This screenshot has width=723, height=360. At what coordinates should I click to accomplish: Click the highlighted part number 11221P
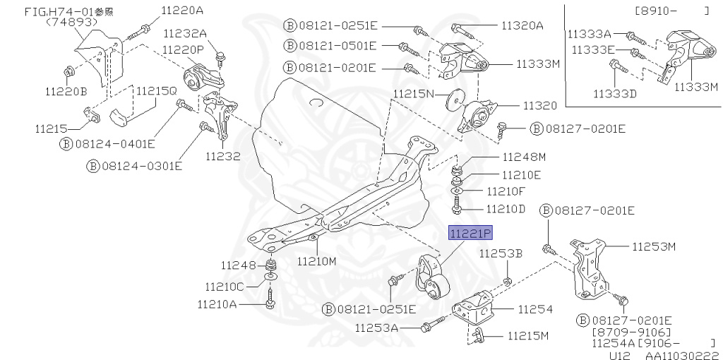(x=471, y=234)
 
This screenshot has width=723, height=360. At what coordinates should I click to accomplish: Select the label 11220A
(x=181, y=11)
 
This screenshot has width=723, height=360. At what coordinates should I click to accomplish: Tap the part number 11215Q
(x=156, y=91)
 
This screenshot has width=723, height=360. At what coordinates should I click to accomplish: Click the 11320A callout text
(x=522, y=26)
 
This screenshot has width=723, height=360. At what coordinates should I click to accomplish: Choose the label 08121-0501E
(x=337, y=46)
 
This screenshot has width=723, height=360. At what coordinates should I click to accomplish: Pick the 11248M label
(x=525, y=157)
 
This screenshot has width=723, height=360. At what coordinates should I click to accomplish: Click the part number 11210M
(x=317, y=261)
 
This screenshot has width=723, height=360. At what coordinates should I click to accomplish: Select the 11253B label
(x=501, y=253)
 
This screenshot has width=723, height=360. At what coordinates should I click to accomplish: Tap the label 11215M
(x=528, y=335)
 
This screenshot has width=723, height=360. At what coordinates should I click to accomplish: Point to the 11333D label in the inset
(x=615, y=94)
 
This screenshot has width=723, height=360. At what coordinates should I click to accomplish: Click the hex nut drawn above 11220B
(x=69, y=72)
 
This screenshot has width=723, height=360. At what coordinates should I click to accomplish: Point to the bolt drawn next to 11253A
(x=433, y=324)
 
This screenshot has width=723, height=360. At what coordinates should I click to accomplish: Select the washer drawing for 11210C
(x=270, y=277)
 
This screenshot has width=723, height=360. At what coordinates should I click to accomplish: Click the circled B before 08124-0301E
(x=92, y=165)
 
